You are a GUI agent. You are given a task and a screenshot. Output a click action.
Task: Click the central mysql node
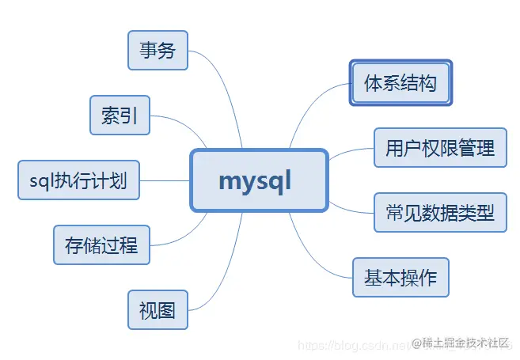tap(259, 181)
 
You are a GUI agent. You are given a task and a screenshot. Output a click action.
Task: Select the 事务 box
tap(158, 51)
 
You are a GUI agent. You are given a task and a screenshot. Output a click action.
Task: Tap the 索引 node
tap(120, 116)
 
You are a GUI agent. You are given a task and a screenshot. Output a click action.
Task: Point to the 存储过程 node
tap(101, 245)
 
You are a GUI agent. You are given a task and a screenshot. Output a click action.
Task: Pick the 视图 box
tap(158, 309)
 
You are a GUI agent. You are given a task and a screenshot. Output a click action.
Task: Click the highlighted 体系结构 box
tap(400, 82)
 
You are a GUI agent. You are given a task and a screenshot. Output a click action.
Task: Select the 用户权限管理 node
tap(440, 147)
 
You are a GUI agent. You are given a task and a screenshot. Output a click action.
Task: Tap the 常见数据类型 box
tap(440, 212)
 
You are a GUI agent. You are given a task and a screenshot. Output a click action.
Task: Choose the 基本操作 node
tap(400, 278)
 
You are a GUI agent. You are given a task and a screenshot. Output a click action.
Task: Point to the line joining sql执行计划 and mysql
tap(165, 181)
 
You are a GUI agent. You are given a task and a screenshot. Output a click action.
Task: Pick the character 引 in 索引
tap(129, 116)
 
